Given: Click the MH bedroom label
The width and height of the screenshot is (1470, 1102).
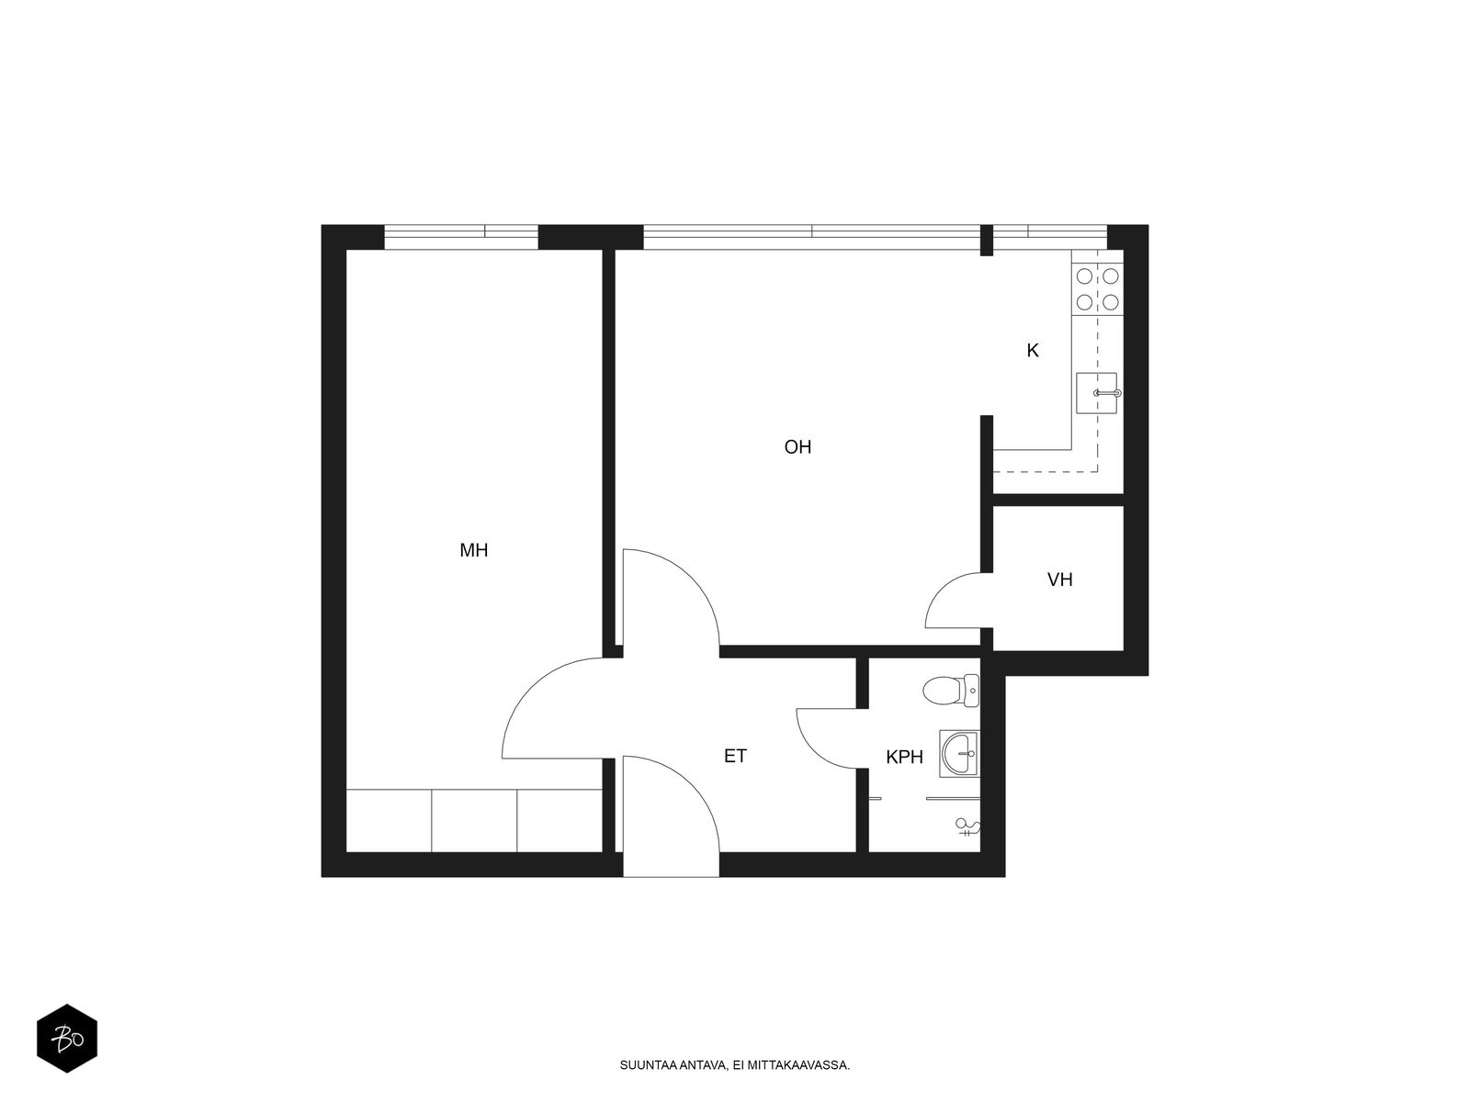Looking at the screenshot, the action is coord(473,551).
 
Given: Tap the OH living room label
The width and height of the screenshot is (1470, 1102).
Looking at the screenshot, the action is coord(797,447).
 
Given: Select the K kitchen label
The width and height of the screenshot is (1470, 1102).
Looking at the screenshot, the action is coord(1033,351).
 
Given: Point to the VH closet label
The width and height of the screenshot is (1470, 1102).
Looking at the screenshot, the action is coord(1059,579).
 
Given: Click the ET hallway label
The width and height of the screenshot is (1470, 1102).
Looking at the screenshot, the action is coord(735,756).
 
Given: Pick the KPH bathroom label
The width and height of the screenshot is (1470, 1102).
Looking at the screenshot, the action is coord(904,757).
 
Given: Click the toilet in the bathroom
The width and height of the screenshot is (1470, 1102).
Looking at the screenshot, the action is coord(951,691).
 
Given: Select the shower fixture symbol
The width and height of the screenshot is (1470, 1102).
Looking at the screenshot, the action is coord(967,827).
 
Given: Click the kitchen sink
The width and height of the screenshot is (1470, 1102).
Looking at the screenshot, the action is coord(1097,393).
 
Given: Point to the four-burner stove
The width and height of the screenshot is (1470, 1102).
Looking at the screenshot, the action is coord(1097,289).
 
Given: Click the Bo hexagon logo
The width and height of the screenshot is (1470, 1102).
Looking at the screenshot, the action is coord(67,1039).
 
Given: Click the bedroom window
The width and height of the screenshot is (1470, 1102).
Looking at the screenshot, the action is coord(461,238).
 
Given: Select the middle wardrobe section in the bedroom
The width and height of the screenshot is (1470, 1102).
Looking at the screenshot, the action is coord(474,820).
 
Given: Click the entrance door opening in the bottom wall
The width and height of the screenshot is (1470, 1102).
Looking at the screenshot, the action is coord(671,864).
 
